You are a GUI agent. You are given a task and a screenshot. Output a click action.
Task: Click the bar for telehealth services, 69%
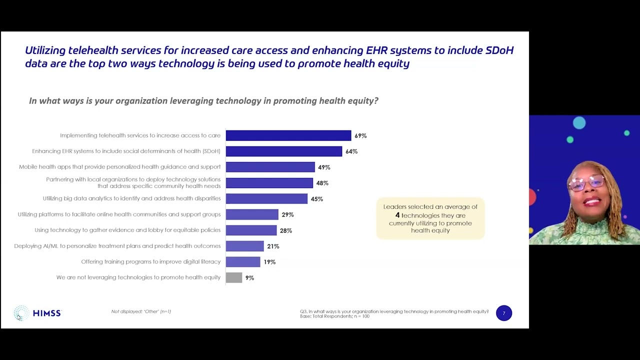pos(288,135)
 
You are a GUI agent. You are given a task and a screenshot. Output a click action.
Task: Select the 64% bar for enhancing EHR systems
pos(283,151)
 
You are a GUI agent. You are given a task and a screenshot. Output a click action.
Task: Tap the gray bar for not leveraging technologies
pos(234,277)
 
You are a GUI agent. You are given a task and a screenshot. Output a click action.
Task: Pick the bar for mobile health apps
pos(270,167)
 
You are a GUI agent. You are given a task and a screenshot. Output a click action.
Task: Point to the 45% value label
pos(316,199)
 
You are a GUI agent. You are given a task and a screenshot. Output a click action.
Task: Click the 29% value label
pos(287,214)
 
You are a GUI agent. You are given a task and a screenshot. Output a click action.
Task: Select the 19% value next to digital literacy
pos(269,262)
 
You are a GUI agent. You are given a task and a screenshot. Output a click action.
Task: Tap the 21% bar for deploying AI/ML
pos(244,246)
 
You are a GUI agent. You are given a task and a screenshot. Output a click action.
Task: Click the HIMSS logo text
pos(46,313)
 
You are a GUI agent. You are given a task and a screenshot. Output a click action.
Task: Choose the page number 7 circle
pos(504,313)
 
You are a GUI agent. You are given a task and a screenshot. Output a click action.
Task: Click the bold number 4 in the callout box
pos(397,215)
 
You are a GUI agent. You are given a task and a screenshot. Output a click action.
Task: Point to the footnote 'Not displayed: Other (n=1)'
pos(141,311)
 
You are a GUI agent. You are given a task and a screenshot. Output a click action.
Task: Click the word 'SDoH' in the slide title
pos(499,50)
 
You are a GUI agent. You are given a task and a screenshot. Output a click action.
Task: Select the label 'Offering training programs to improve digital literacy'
pos(150,262)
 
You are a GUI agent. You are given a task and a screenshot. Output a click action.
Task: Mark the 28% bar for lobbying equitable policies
pos(251,230)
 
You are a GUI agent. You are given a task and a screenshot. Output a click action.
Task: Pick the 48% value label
pos(322,183)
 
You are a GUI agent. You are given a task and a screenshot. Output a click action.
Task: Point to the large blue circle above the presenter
pos(579,123)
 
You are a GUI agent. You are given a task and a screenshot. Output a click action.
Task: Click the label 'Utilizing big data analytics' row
pos(131,198)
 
